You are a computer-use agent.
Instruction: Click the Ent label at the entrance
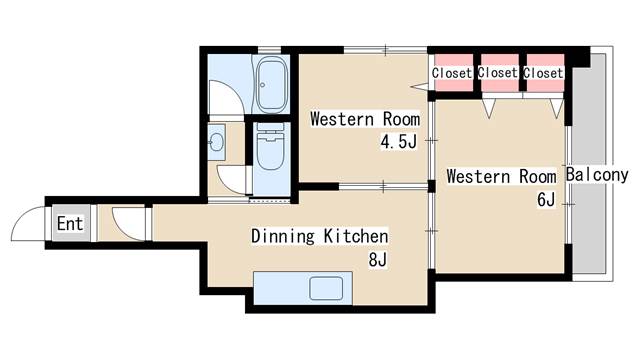[70, 224]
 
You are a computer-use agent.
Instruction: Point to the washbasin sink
[216, 142]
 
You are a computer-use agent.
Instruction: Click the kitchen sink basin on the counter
[326, 289]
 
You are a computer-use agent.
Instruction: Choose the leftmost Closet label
[452, 73]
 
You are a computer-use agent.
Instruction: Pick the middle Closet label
[498, 73]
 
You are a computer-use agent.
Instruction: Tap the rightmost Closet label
[543, 73]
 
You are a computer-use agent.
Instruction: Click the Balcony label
[597, 175]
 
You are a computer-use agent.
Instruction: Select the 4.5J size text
[399, 142]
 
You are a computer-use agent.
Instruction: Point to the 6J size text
[546, 200]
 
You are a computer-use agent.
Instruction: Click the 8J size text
[378, 260]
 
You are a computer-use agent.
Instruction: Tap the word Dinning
[283, 236]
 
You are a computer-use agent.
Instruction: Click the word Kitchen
[356, 236]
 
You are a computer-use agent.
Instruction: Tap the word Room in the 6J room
[538, 177]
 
